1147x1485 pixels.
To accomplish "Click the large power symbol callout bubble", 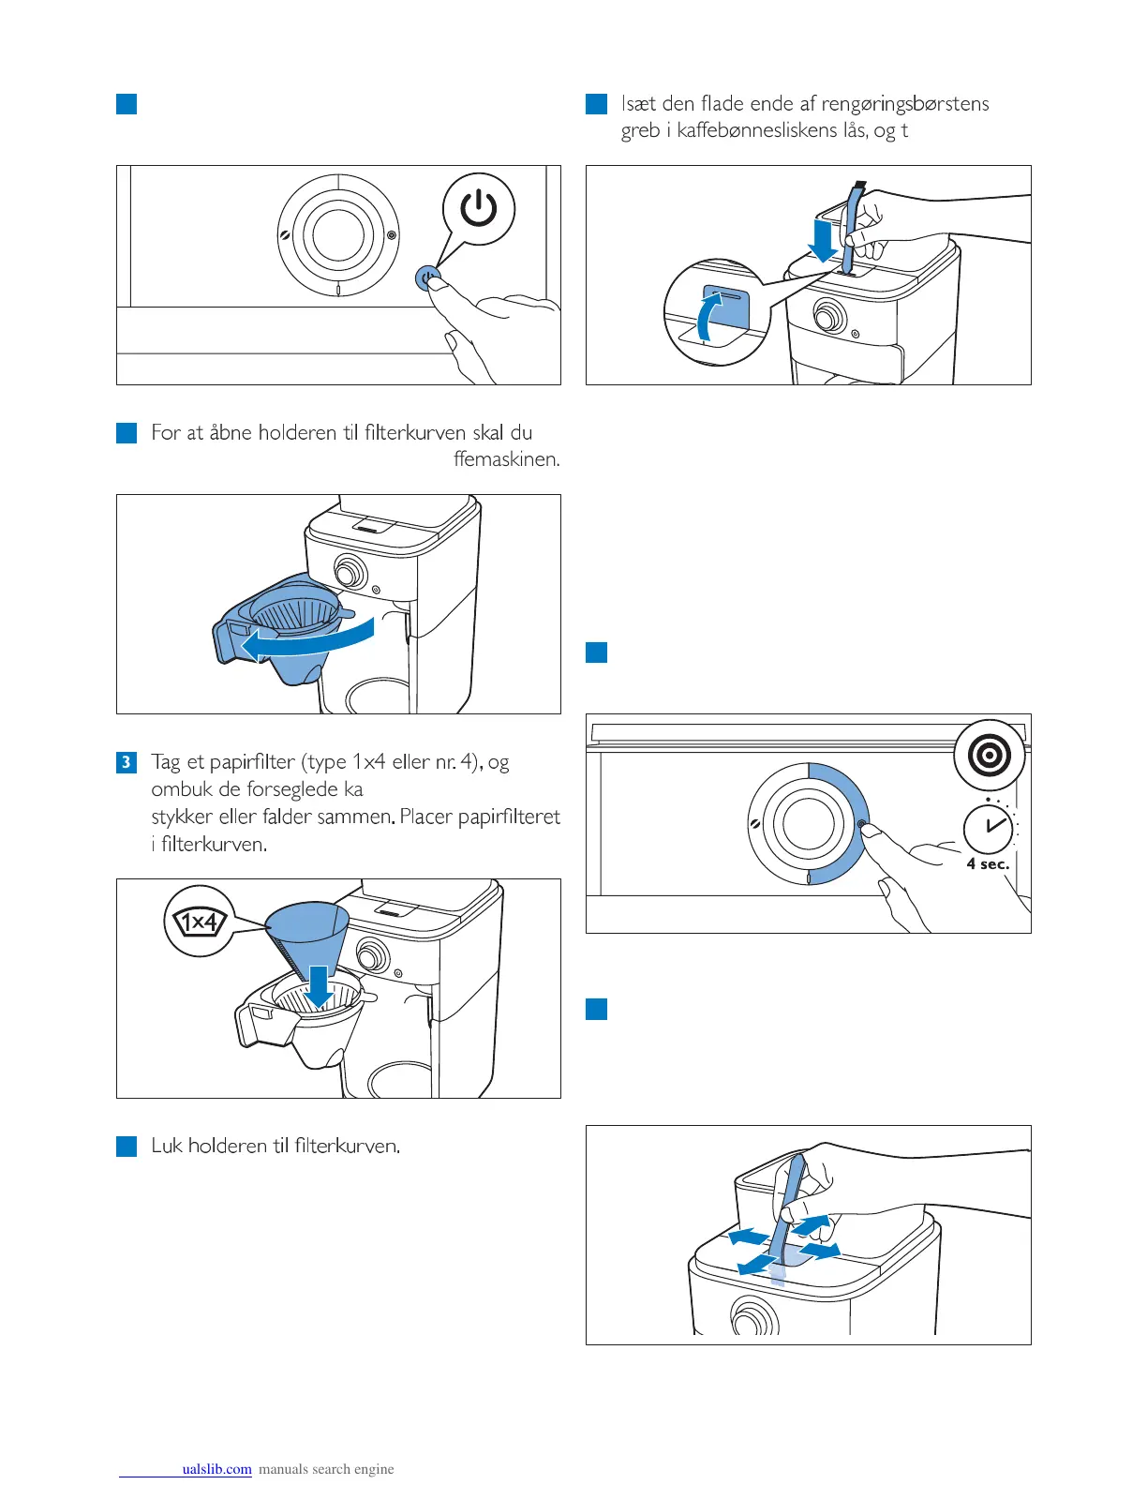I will point(479,209).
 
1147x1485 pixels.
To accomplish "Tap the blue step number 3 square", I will point(127,762).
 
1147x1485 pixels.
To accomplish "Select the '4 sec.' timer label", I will point(989,864).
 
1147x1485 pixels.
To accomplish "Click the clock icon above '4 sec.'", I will point(989,828).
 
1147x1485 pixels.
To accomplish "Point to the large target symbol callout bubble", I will point(990,756).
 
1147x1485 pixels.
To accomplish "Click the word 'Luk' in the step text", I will point(166,1146).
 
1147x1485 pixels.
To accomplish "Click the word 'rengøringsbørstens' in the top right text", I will point(905,103).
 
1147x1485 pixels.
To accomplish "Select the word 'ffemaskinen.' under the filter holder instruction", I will point(506,459).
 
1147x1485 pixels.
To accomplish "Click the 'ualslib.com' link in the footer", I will point(216,1469).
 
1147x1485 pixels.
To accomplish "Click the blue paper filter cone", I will point(306,934).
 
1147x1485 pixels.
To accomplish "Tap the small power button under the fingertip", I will point(428,278).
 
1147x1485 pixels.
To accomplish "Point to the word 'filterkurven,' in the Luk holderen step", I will point(347,1146).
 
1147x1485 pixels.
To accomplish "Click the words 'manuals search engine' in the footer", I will point(326,1469).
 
